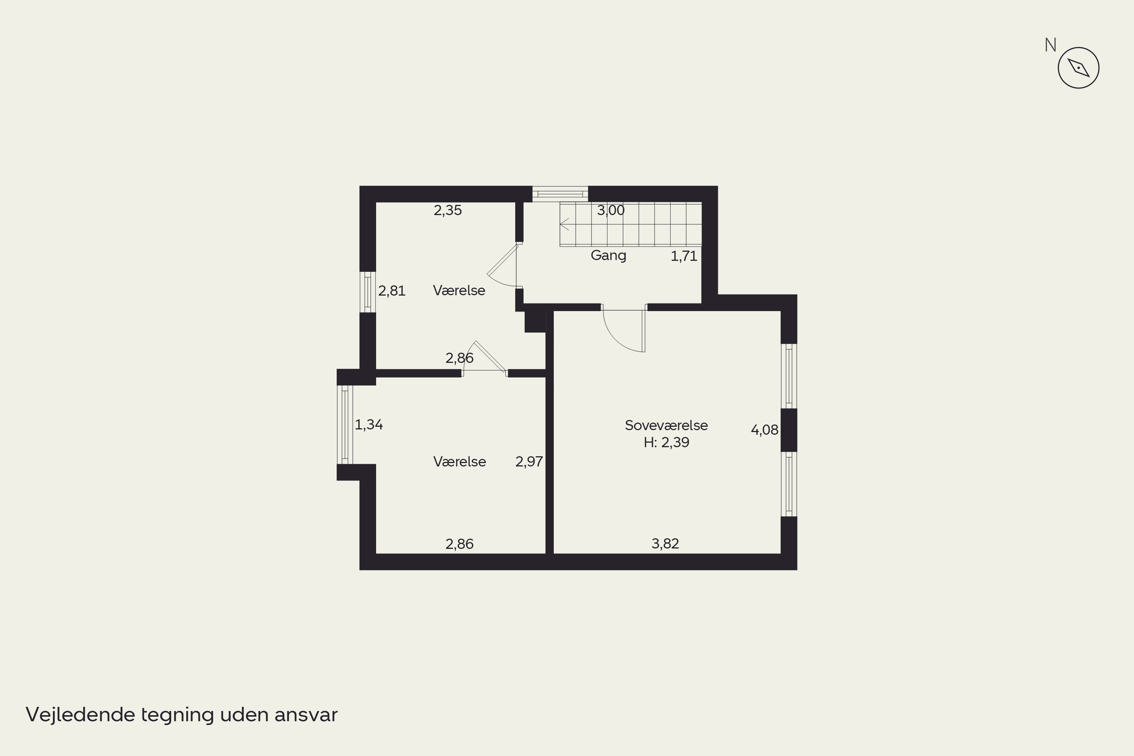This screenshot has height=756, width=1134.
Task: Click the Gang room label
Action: [x=609, y=256]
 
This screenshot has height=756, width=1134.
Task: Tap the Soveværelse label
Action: [x=666, y=425]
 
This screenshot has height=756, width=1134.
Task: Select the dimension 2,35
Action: [x=448, y=210]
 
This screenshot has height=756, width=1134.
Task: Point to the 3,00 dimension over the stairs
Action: [x=611, y=210]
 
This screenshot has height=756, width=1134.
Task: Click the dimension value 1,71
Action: [x=684, y=256]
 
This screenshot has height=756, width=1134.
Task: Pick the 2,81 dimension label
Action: [x=392, y=291]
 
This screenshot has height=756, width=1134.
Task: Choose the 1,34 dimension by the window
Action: [x=369, y=425]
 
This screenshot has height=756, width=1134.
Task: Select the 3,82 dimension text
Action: [x=665, y=544]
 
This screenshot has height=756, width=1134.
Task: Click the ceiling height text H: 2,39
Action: [x=666, y=442]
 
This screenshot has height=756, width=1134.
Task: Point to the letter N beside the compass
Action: [x=1050, y=45]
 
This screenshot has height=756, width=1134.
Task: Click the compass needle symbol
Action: [x=1078, y=68]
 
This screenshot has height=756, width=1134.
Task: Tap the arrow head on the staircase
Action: [x=564, y=224]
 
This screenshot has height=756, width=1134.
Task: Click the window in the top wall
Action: [x=560, y=194]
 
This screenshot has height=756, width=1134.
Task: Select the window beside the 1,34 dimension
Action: [x=345, y=425]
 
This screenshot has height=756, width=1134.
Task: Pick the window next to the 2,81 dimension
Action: [x=367, y=292]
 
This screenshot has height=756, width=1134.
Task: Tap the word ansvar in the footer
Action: [x=306, y=716]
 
